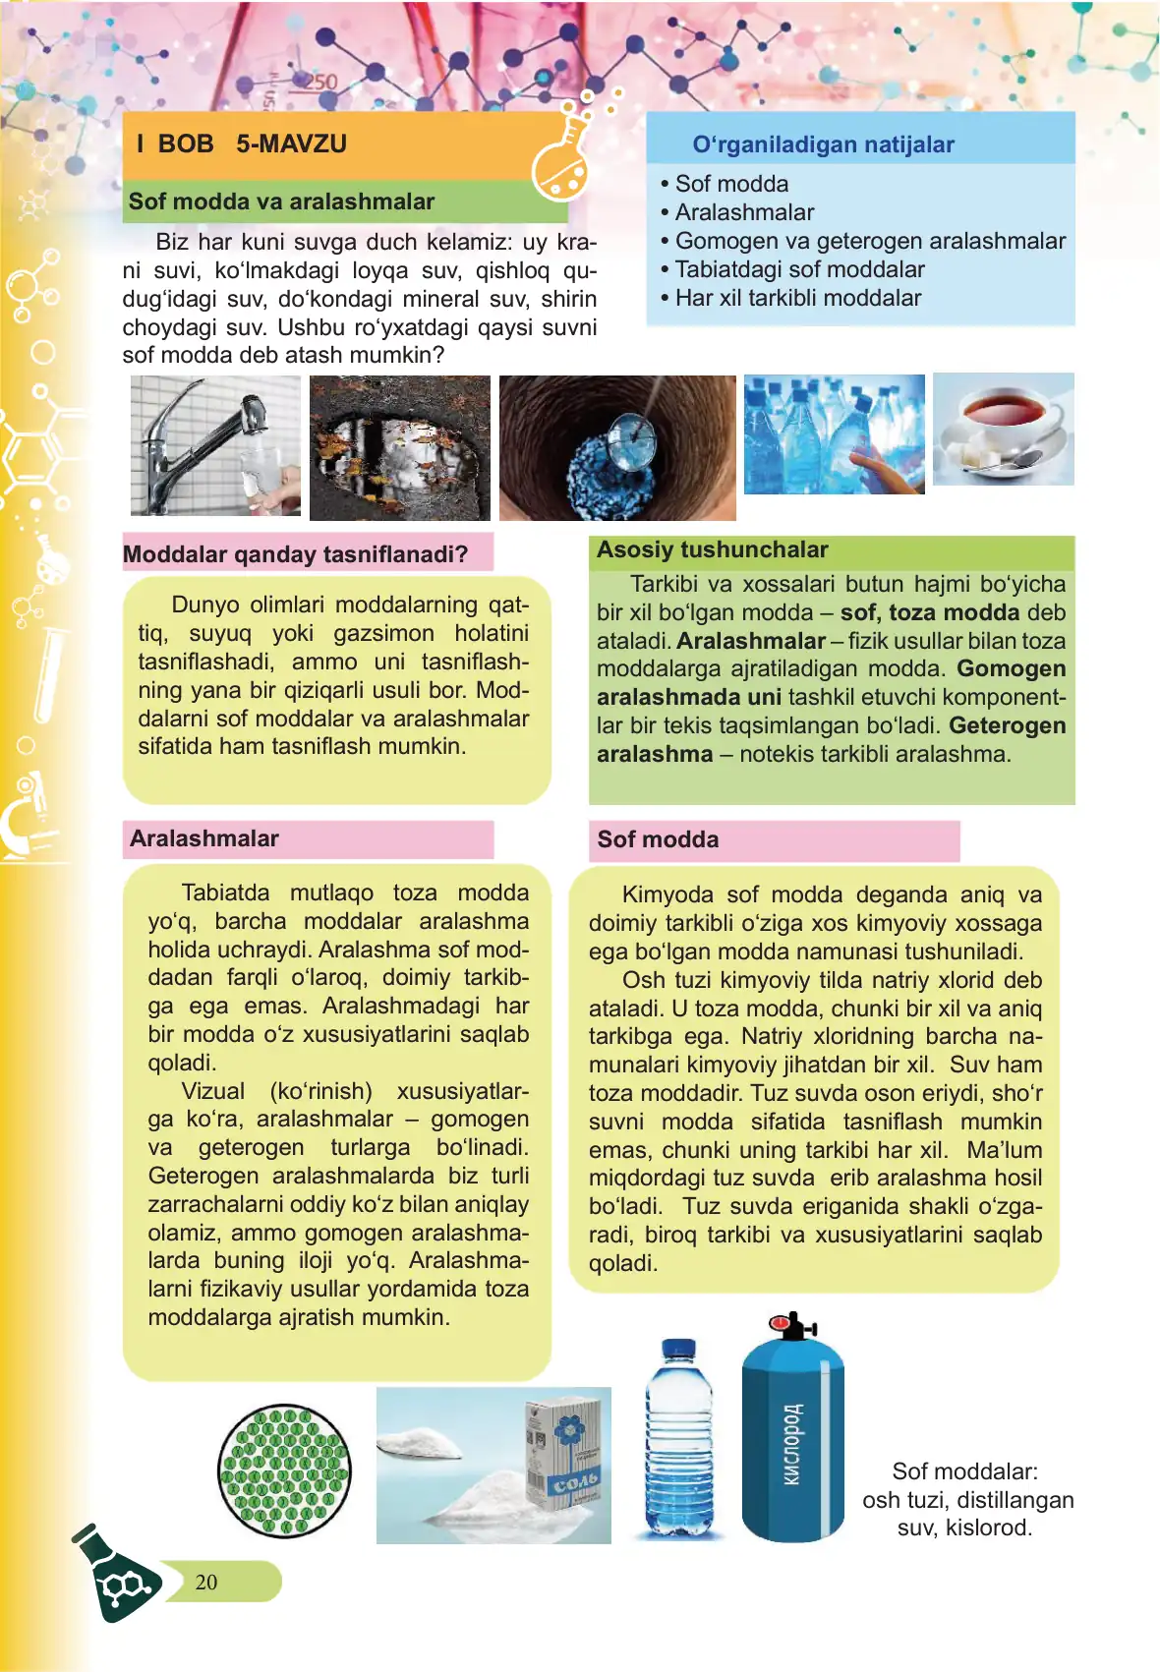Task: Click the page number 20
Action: click(x=206, y=1582)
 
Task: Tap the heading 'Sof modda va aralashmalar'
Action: click(x=281, y=202)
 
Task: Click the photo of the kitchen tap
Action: click(x=215, y=445)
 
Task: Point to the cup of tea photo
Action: click(x=1003, y=429)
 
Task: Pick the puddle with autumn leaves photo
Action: click(x=399, y=447)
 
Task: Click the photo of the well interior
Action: click(x=616, y=447)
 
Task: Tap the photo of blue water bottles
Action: click(x=834, y=433)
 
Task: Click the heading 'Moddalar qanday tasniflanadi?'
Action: click(x=295, y=554)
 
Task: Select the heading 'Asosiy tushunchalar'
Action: click(x=713, y=550)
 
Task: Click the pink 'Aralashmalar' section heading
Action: click(x=204, y=838)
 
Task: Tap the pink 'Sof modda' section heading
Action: click(x=658, y=839)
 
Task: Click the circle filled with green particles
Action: click(x=284, y=1470)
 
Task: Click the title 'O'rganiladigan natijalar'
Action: click(x=823, y=144)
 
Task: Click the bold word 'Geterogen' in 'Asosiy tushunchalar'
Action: click(x=1007, y=725)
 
